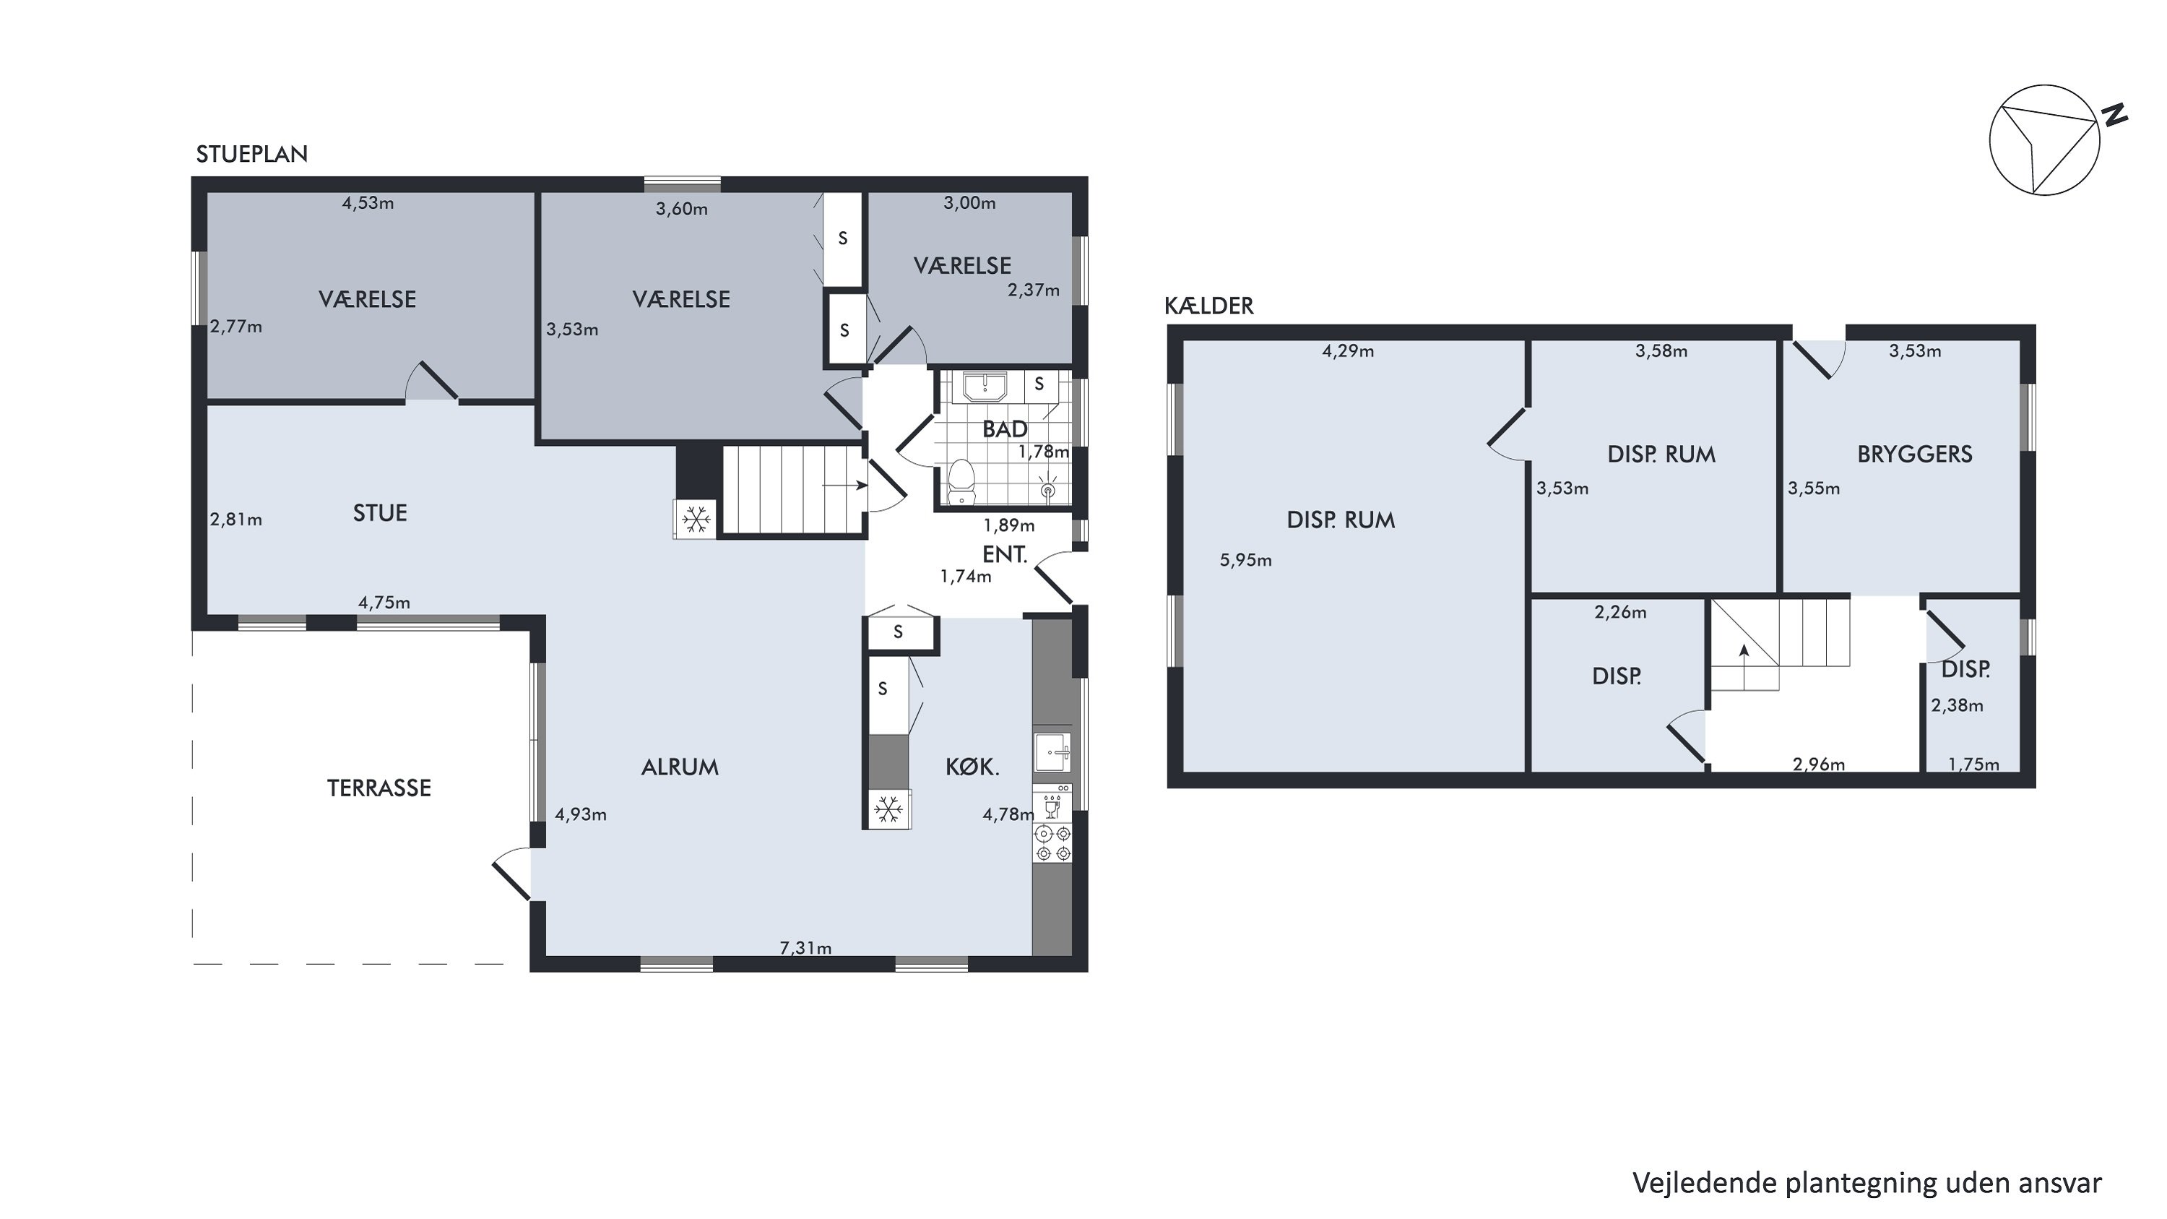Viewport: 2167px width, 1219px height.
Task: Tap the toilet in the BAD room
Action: tap(961, 483)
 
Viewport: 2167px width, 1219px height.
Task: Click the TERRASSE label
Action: tap(379, 788)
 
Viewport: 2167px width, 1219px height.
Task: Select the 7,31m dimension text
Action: tap(806, 948)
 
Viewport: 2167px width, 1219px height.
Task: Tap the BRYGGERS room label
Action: tap(1915, 455)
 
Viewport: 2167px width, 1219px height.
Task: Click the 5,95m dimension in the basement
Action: tap(1246, 560)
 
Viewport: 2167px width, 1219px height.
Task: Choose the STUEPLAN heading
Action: tap(251, 154)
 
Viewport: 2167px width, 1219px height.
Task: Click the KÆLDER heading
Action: tap(1209, 306)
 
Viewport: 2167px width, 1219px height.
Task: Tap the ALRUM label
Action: tap(680, 767)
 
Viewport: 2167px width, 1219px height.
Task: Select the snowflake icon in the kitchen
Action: tap(888, 810)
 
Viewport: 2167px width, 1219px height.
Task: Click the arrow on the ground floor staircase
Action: tap(844, 486)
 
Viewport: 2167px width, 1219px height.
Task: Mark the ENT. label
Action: tap(1005, 554)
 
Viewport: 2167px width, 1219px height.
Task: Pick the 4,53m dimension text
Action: tap(368, 204)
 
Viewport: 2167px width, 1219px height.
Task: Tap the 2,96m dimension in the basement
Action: tap(1819, 764)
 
